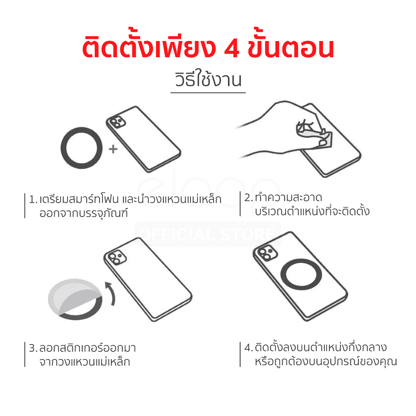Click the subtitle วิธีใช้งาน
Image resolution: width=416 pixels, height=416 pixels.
pyautogui.click(x=208, y=79)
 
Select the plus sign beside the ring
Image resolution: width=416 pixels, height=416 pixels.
pyautogui.click(x=113, y=149)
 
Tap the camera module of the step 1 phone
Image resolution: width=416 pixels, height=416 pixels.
pyautogui.click(x=117, y=122)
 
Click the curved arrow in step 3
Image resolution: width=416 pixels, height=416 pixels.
pyautogui.click(x=112, y=293)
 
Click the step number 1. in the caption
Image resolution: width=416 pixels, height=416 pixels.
pyautogui.click(x=33, y=199)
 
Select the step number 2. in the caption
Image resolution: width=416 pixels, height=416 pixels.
pyautogui.click(x=248, y=197)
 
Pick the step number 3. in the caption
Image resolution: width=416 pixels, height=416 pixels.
pyautogui.click(x=33, y=348)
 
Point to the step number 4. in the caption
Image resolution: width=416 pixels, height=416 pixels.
pyautogui.click(x=249, y=348)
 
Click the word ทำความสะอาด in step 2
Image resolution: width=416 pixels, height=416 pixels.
pyautogui.click(x=288, y=197)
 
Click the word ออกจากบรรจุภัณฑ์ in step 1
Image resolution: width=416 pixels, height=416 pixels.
pyautogui.click(x=84, y=213)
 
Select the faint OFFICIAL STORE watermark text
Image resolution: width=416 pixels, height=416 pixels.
pyautogui.click(x=208, y=234)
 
